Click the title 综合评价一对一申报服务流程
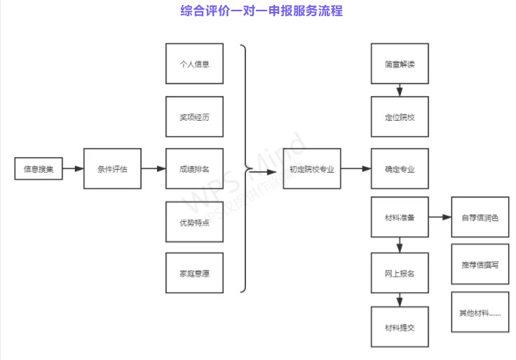click(x=261, y=12)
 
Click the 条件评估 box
click(x=112, y=168)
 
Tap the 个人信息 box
click(x=194, y=64)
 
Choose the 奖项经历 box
click(x=194, y=116)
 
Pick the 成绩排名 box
click(x=194, y=168)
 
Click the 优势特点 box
click(x=194, y=221)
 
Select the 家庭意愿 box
click(x=194, y=273)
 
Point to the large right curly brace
click(x=245, y=168)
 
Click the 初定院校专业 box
click(x=311, y=169)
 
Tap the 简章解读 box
click(x=400, y=64)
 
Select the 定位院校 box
click(x=400, y=116)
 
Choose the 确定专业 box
click(x=400, y=169)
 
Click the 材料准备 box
click(x=400, y=218)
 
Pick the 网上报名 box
click(x=400, y=272)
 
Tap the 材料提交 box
click(x=400, y=327)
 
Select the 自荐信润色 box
click(x=480, y=218)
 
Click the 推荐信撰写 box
click(x=480, y=265)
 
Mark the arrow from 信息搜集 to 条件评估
click(x=73, y=168)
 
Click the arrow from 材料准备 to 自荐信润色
click(x=440, y=218)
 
